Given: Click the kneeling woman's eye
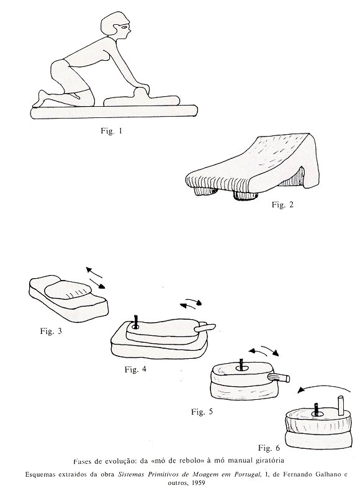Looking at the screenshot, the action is pos(124,27).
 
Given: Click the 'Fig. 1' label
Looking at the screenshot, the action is pos(112,130).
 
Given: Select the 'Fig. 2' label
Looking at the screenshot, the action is pos(282,204).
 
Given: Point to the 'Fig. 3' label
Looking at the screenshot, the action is pos(51,331).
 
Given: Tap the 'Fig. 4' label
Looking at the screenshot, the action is pos(135,369).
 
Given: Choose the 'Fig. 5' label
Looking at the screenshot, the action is pos(202,412).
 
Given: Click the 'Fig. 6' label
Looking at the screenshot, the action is pos(269,448).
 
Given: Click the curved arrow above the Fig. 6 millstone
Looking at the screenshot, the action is pos(323,386).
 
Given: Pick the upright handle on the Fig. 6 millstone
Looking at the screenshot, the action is pos(341,406).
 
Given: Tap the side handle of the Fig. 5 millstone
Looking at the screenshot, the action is pos(279,377).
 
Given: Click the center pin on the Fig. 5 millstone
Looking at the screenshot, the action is pos(241,364).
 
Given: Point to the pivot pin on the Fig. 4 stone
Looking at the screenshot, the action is pos(137,322).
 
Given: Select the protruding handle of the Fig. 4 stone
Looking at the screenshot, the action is pos(205,327).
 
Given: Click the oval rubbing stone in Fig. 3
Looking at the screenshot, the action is pos(68,290).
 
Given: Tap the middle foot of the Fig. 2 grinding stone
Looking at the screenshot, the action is pos(245,195).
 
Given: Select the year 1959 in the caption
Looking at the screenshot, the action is pos(199,483).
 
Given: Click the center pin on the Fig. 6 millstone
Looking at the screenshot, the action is pos(316,410).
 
